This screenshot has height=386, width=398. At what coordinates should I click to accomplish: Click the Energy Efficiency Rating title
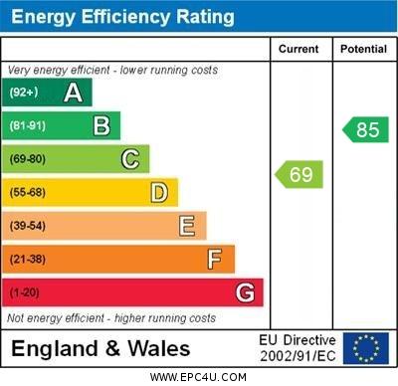point(122,17)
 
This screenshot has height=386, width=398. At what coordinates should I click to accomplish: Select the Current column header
point(298,49)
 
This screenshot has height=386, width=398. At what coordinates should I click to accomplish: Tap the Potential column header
point(363,49)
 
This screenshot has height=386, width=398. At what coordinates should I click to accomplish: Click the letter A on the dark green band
point(73,93)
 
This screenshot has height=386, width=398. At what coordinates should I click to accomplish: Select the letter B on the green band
point(101,125)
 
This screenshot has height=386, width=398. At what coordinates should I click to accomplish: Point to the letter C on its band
point(130,159)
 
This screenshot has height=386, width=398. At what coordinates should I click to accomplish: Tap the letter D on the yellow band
point(159,192)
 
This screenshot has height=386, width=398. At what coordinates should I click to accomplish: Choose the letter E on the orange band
point(187,226)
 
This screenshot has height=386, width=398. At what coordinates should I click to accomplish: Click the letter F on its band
point(215,260)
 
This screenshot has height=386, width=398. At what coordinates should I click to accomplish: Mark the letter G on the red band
point(245,292)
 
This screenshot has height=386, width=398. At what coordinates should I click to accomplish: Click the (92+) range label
point(24,94)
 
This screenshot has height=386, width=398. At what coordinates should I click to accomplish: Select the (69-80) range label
point(28,159)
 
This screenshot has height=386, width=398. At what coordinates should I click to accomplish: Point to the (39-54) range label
point(28,226)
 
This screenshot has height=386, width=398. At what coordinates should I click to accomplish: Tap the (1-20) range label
point(25,293)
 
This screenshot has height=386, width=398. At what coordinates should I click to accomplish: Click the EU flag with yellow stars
point(366,348)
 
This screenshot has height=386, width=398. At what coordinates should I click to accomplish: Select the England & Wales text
point(100,349)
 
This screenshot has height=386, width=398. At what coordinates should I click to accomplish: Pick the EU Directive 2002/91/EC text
point(298,348)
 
